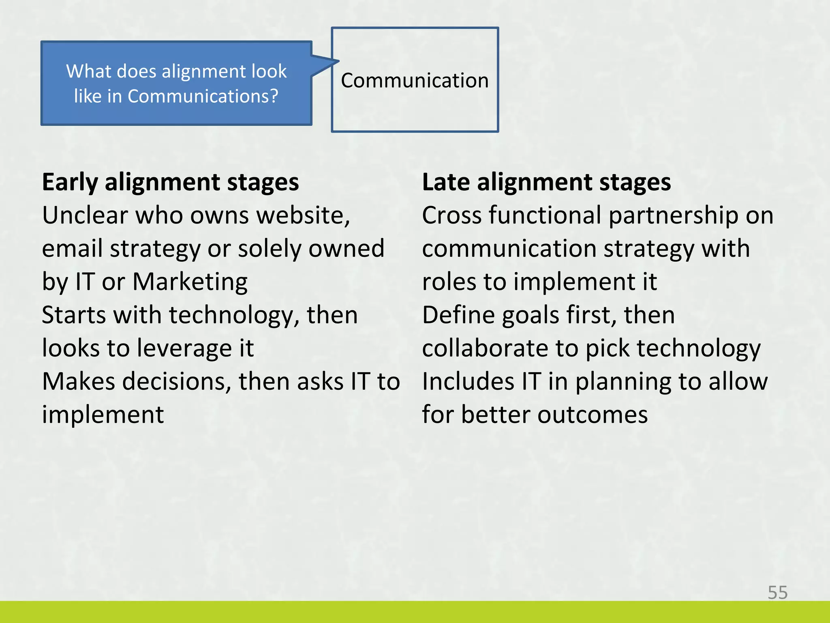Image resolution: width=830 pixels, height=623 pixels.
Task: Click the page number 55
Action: point(777,593)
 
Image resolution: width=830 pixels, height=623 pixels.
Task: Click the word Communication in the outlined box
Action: point(415,80)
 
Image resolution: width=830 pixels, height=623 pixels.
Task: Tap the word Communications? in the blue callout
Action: point(203,97)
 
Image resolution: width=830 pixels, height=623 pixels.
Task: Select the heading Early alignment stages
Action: point(170,182)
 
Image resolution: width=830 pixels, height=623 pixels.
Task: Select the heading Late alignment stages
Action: point(546,182)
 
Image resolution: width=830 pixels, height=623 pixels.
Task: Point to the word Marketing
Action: point(190,281)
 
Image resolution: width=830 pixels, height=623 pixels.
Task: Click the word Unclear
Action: point(85,215)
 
